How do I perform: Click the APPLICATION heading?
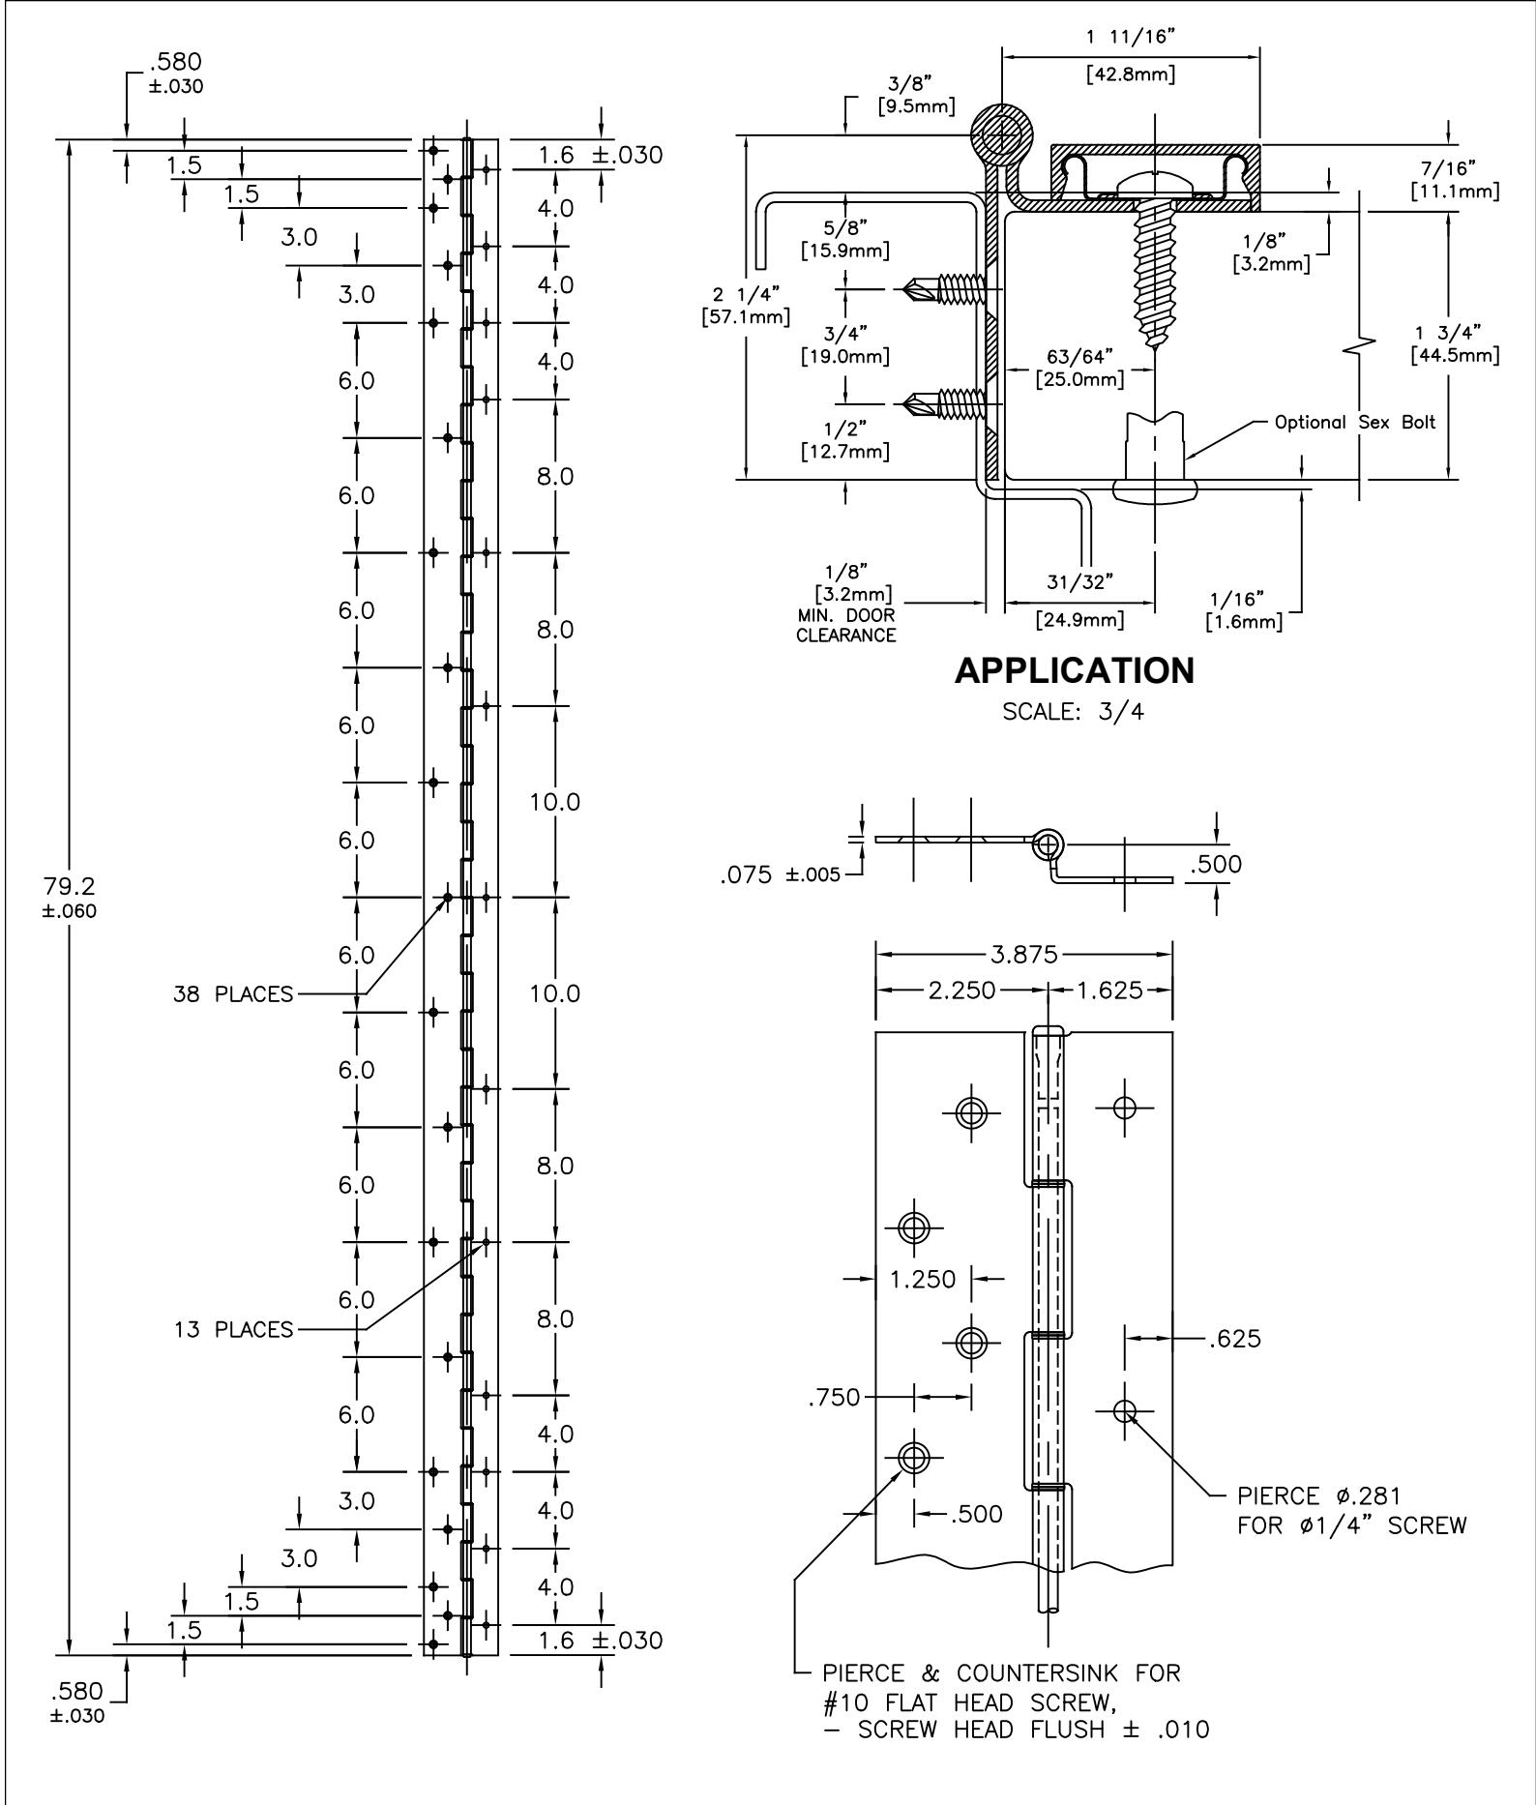point(1074,670)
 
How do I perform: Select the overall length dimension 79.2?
point(69,885)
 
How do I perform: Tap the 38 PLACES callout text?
point(233,994)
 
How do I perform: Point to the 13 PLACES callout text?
point(233,1329)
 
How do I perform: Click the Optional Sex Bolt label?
point(1355,422)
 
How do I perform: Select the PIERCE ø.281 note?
point(1319,1496)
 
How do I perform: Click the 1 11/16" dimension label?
point(1131,38)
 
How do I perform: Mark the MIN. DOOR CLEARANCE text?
point(846,625)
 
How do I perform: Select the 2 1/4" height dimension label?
point(746,294)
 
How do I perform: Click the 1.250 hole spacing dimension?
point(923,1279)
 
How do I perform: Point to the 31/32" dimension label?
point(1079,581)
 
